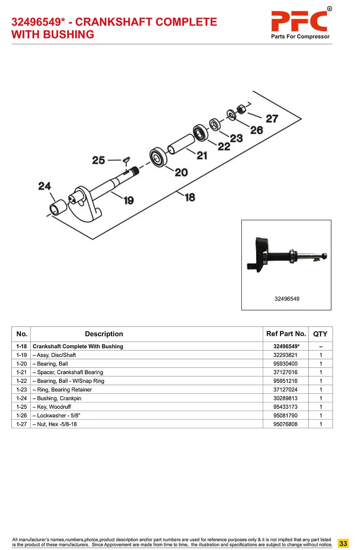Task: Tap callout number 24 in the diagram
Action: click(x=45, y=186)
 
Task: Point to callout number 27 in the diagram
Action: click(x=272, y=119)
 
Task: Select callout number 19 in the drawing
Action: click(x=129, y=200)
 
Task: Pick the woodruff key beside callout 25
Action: click(x=126, y=159)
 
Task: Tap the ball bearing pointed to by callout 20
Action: click(x=158, y=157)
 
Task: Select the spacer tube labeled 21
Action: click(x=181, y=144)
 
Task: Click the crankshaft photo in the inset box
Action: click(x=286, y=255)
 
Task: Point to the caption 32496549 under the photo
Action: click(x=287, y=299)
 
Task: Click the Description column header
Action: click(x=104, y=334)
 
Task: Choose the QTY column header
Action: click(x=320, y=334)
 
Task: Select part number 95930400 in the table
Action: click(x=285, y=364)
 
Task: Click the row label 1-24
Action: click(x=22, y=398)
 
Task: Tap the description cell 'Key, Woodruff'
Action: click(x=54, y=407)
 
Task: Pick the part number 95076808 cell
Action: click(x=285, y=424)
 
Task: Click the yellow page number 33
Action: click(x=343, y=544)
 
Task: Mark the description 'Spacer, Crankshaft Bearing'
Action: click(x=70, y=372)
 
